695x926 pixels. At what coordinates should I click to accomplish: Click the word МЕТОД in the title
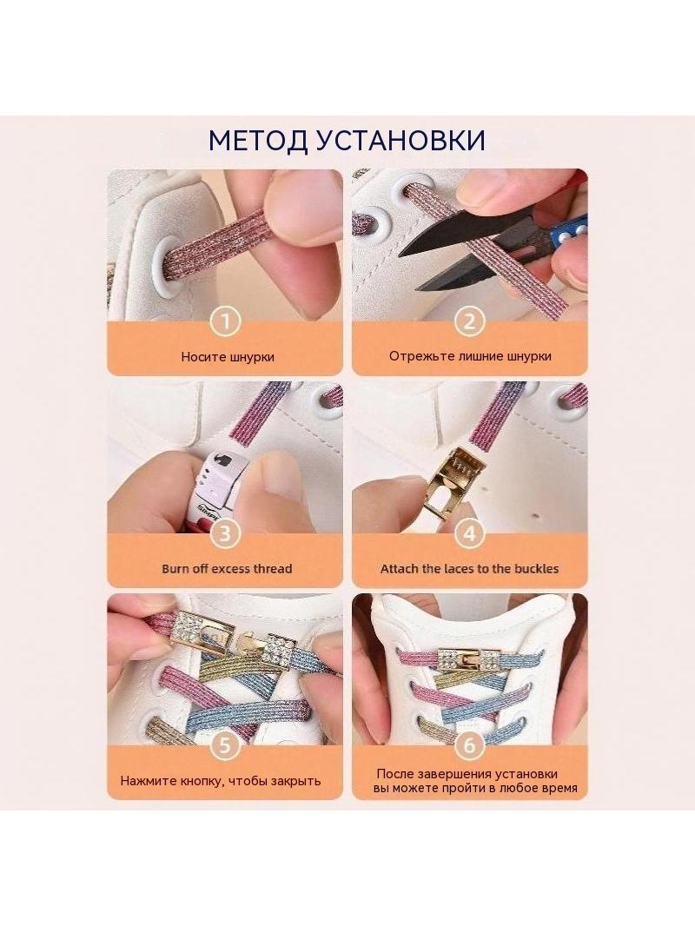point(257,141)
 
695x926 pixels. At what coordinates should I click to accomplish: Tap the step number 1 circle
point(225,322)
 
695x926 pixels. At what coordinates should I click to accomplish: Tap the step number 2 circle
point(469,322)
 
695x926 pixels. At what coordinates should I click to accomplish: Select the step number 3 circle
point(225,534)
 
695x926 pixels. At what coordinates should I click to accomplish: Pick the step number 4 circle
point(469,534)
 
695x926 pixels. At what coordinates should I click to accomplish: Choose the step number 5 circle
point(225,745)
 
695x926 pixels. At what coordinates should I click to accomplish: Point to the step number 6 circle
point(469,745)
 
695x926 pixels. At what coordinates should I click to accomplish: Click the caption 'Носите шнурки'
point(228,357)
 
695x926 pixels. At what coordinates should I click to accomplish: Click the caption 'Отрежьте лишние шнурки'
point(470,356)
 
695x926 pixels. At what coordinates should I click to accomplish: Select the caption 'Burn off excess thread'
point(227,569)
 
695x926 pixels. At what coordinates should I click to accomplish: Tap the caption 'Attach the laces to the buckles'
point(469,569)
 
